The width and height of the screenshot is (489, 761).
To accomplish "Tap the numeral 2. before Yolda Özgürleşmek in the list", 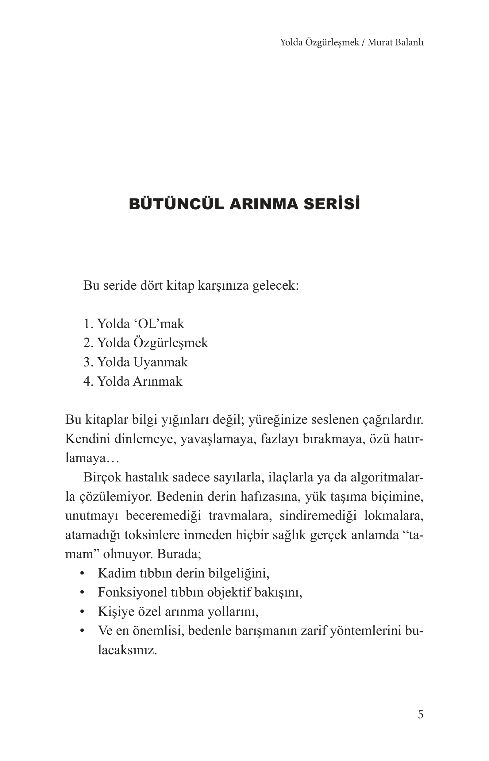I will pyautogui.click(x=88, y=343).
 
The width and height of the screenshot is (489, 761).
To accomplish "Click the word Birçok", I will pyautogui.click(x=102, y=477).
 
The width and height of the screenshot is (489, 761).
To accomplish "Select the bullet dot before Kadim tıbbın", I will pyautogui.click(x=83, y=574).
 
